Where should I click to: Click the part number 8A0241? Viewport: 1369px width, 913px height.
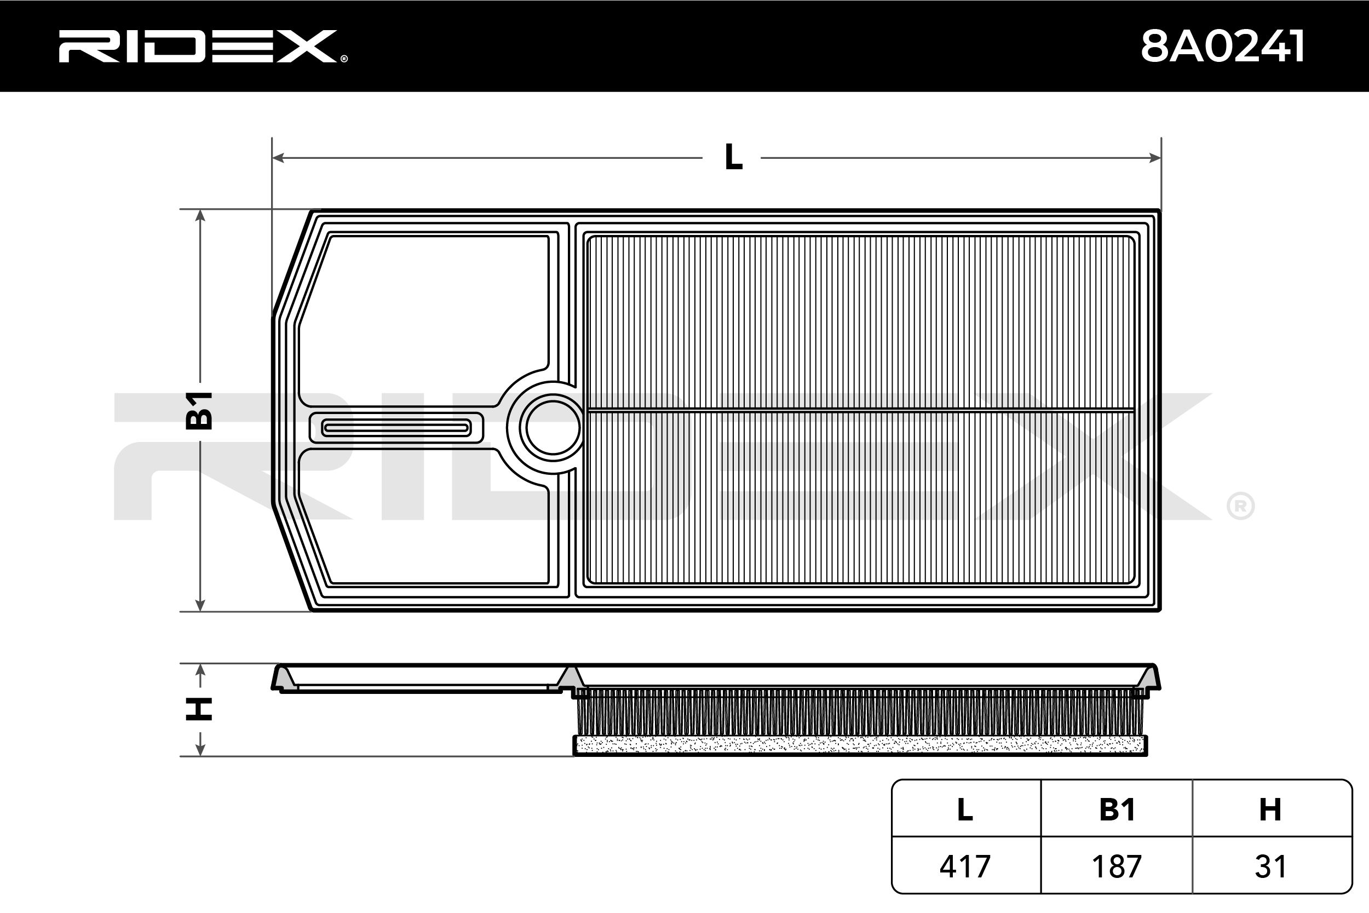click(1222, 46)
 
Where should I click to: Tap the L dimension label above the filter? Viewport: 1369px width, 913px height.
click(733, 157)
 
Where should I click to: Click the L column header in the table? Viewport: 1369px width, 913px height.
click(965, 809)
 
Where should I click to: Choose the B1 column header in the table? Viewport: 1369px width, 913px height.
click(1117, 809)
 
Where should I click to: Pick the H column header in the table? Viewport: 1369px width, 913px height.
click(1270, 809)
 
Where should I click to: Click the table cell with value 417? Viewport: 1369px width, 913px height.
click(965, 866)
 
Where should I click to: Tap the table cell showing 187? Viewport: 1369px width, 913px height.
click(1117, 866)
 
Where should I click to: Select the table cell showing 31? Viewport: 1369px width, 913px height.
click(1270, 866)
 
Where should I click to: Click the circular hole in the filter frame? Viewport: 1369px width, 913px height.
click(553, 428)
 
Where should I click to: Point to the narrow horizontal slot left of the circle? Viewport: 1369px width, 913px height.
click(396, 428)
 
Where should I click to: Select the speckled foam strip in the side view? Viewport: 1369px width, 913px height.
click(860, 745)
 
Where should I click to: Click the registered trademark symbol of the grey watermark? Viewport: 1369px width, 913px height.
click(1240, 506)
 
